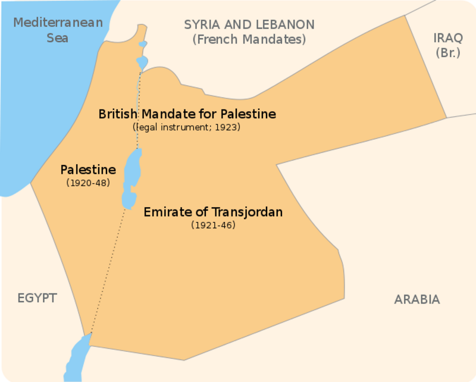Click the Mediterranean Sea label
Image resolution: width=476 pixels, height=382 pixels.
(x=58, y=30)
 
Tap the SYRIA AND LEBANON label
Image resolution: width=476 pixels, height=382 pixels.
(x=249, y=24)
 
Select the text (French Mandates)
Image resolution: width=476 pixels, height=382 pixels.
(x=249, y=40)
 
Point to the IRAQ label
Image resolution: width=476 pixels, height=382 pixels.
(x=447, y=37)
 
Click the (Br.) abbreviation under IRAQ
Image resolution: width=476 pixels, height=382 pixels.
(x=447, y=52)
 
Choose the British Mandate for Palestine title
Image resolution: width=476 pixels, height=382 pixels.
(x=187, y=114)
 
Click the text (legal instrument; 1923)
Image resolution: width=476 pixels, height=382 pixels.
(x=187, y=127)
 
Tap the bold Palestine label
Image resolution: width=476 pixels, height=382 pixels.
(x=88, y=170)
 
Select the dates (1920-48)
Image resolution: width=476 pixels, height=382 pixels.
(x=88, y=183)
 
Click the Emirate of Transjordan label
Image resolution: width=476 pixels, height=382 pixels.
(x=213, y=212)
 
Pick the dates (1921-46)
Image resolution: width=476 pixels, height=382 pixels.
(x=213, y=225)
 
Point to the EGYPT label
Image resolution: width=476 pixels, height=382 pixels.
(x=36, y=298)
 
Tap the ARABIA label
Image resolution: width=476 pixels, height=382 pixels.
(x=416, y=299)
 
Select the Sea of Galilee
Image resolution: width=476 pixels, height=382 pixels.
(x=142, y=62)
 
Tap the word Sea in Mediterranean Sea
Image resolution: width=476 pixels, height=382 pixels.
(x=58, y=38)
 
